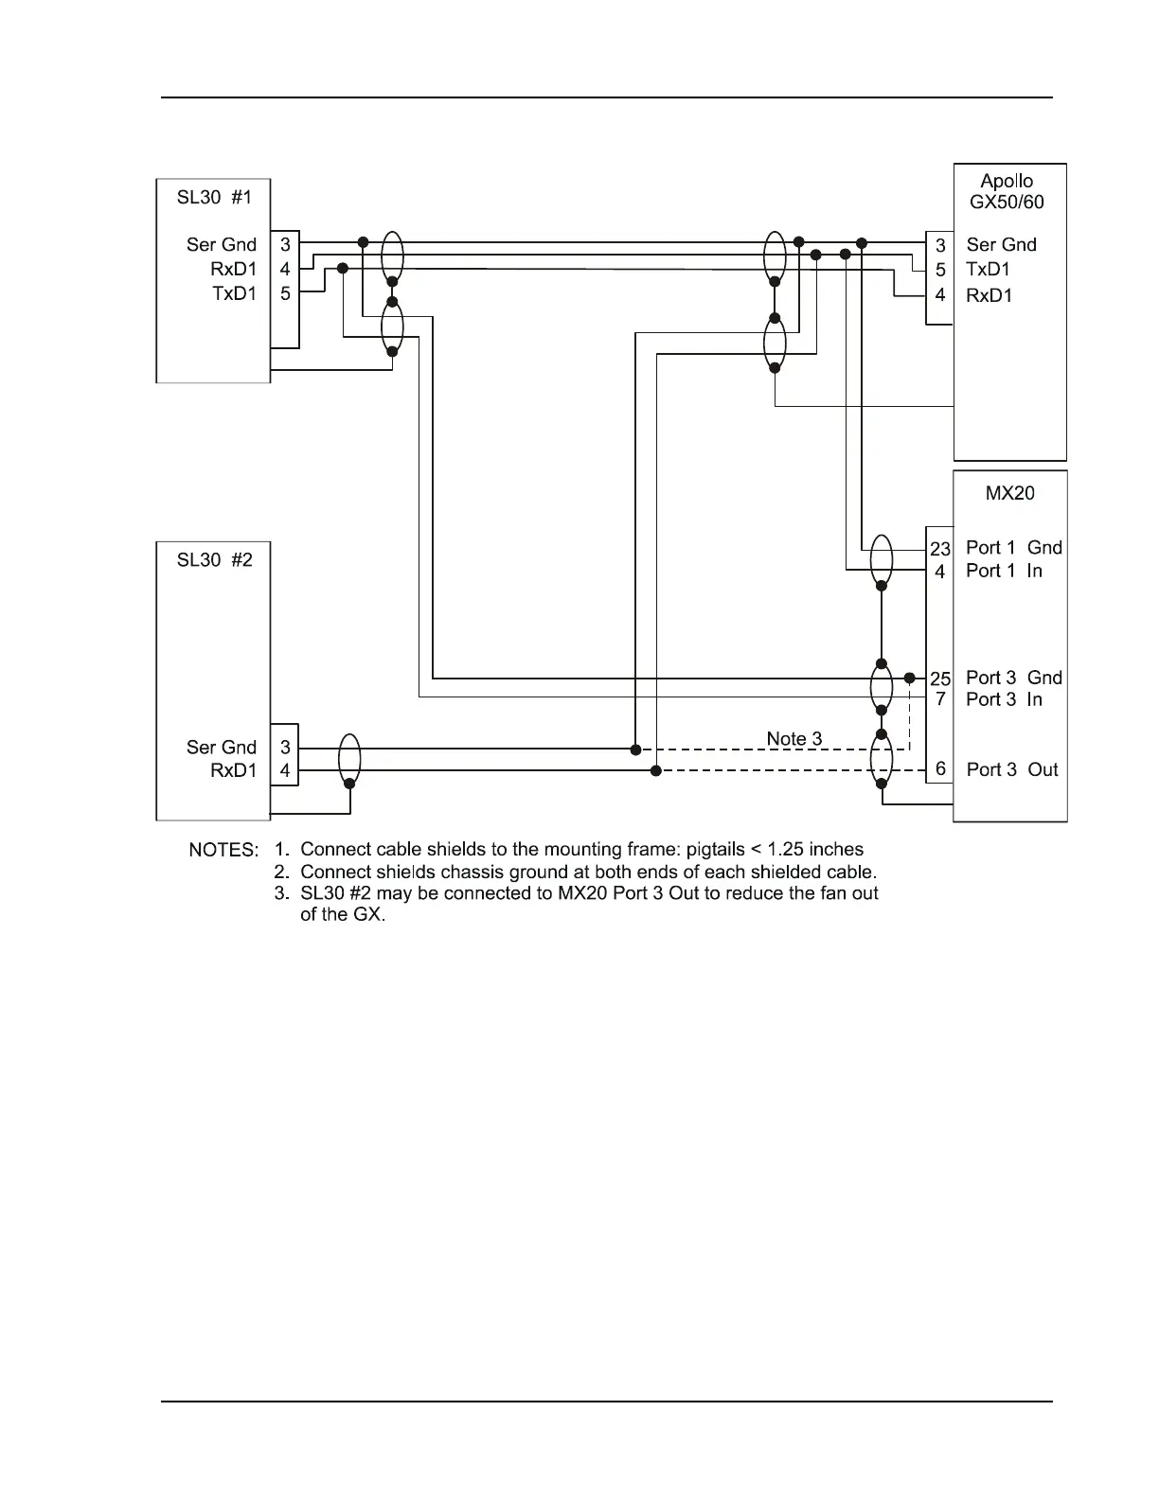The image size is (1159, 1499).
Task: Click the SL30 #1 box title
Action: tap(214, 197)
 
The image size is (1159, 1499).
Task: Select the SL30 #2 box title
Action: tap(214, 559)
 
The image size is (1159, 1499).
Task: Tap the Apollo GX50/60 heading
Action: tap(1007, 191)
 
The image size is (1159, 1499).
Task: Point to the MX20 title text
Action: tap(1009, 492)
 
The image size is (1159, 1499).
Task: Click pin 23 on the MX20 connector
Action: tap(940, 549)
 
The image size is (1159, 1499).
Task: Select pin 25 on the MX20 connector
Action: tap(940, 679)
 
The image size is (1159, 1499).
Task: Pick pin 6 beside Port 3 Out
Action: tap(940, 768)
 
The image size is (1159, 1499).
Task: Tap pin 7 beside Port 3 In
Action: tap(940, 698)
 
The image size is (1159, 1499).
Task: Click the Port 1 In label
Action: tap(1004, 571)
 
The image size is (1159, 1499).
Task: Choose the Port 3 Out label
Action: tap(1012, 769)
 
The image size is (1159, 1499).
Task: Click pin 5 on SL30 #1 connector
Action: tap(285, 293)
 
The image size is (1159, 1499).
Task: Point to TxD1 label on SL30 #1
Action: tap(234, 293)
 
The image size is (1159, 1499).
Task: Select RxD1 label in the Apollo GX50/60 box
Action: tap(989, 295)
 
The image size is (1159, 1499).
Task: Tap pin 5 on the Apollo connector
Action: tap(940, 270)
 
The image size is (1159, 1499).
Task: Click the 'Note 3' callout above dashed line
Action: tap(793, 739)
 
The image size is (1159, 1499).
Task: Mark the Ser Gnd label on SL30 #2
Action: tap(221, 747)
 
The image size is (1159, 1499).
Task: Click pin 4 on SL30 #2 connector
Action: tap(285, 770)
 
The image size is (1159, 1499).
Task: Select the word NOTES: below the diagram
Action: tap(223, 850)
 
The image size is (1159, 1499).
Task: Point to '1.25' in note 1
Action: tap(786, 849)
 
